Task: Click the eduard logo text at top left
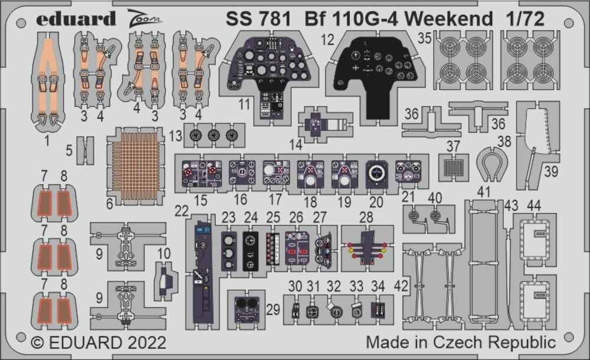tap(76, 19)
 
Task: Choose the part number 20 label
tap(376, 201)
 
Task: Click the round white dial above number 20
tap(376, 172)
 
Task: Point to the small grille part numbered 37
tap(453, 167)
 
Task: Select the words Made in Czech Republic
tap(460, 342)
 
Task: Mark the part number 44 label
tap(534, 205)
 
